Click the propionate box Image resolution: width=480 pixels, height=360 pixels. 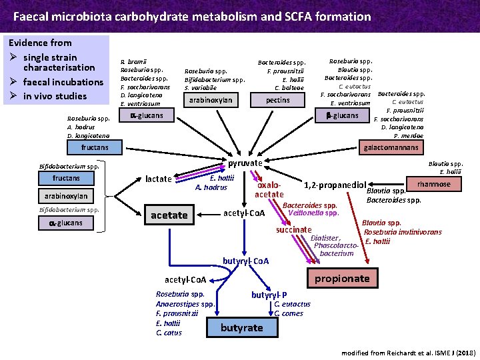342,277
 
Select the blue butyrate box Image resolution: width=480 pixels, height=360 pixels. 241,327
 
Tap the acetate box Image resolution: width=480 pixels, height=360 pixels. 169,215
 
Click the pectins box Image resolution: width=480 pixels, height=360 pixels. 277,100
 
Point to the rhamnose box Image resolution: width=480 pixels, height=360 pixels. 433,184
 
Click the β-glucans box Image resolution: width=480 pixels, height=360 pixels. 341,116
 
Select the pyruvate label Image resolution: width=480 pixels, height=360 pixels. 245,163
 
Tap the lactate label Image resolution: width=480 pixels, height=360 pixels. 159,179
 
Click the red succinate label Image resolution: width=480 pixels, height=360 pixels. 294,229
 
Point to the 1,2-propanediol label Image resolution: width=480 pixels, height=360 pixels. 335,185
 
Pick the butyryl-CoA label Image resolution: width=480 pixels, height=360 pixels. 245,261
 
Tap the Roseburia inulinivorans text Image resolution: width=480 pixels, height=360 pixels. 403,232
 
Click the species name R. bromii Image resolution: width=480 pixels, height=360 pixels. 131,61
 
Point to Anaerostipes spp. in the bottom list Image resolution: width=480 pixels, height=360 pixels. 185,304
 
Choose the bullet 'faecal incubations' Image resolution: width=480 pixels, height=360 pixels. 63,82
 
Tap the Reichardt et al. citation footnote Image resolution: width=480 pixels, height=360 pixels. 408,351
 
